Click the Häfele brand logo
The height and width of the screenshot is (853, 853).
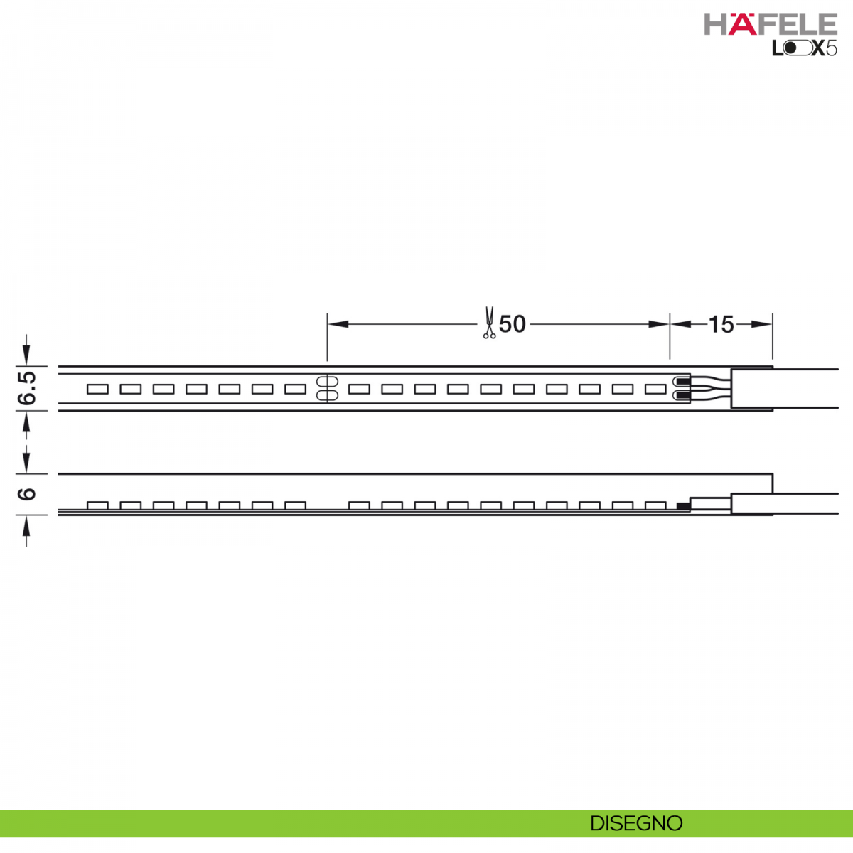(771, 24)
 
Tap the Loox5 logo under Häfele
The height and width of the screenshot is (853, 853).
(804, 48)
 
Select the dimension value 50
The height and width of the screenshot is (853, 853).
(512, 324)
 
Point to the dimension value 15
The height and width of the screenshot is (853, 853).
(721, 324)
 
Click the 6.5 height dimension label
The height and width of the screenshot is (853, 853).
(27, 388)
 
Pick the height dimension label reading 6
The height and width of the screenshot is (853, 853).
(27, 494)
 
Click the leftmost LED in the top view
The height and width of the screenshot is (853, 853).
(97, 389)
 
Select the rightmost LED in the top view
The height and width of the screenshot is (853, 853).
(655, 389)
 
